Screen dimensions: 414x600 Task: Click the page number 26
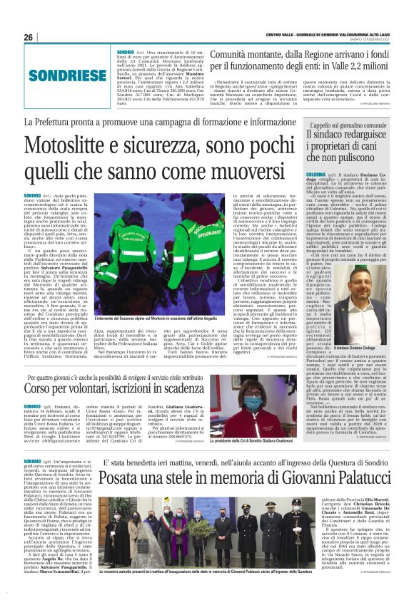tap(29, 37)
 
